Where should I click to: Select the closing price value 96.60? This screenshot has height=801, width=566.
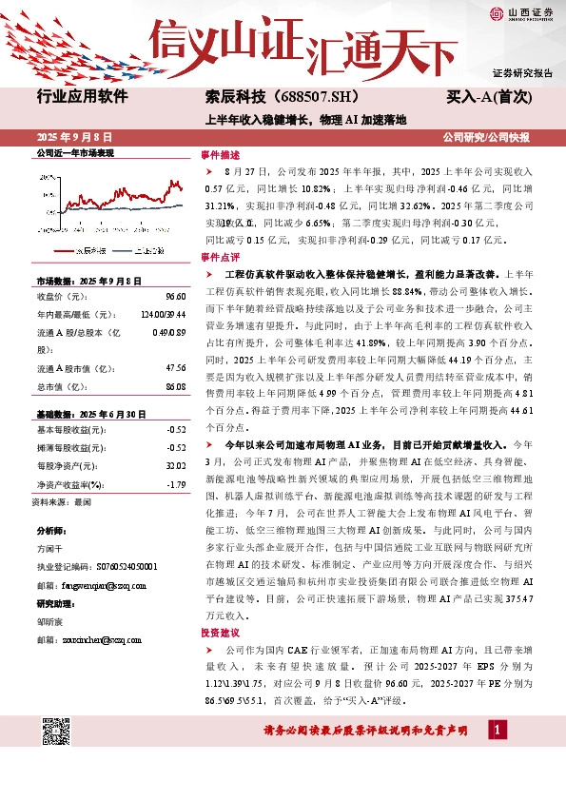coord(174,296)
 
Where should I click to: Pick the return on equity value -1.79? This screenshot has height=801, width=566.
coord(175,485)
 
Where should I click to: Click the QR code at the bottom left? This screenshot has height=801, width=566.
coord(57,734)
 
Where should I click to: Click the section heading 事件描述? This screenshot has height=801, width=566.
coord(219,154)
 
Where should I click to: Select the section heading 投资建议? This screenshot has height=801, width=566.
coord(219,632)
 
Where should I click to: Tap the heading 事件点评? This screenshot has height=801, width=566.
coord(219,258)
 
